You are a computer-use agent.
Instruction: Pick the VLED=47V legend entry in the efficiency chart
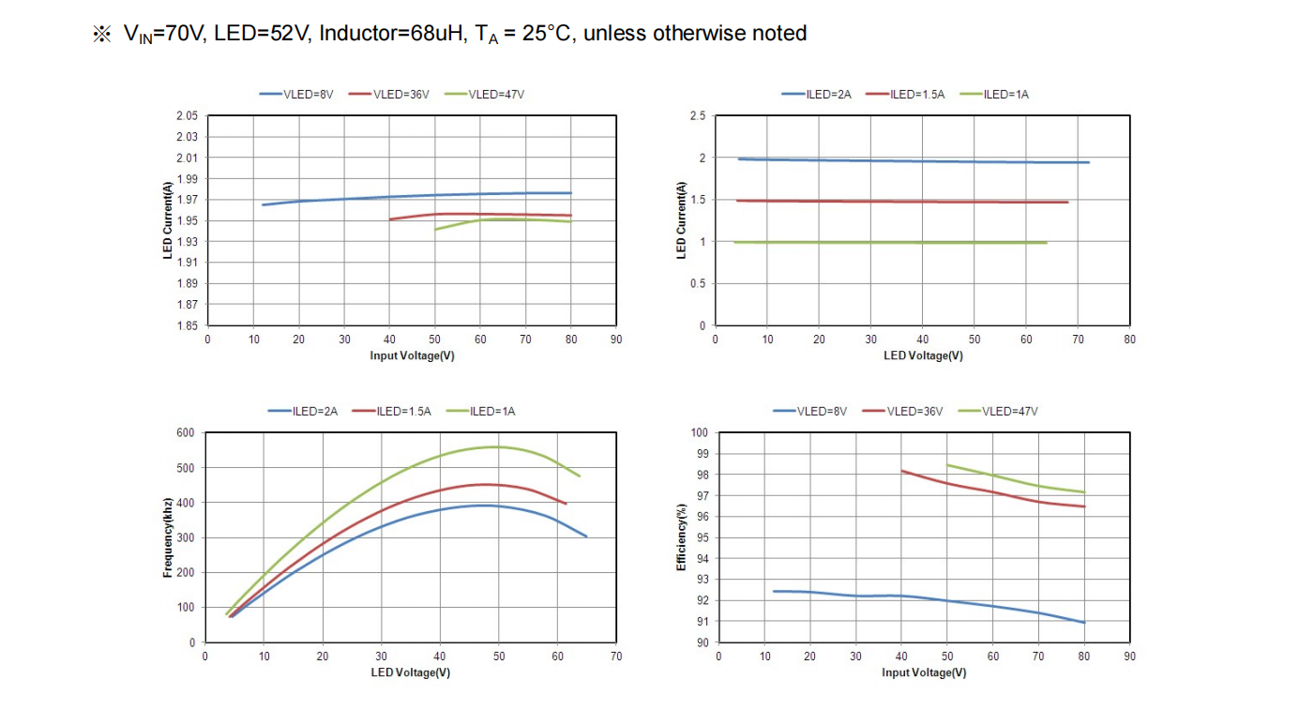pyautogui.click(x=1008, y=411)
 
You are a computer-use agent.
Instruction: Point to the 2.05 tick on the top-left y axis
pyautogui.click(x=187, y=116)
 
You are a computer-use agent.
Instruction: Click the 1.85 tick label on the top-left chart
pyautogui.click(x=187, y=325)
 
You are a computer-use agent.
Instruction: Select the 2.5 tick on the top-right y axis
pyautogui.click(x=698, y=116)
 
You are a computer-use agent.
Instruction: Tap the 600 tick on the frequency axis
pyautogui.click(x=186, y=433)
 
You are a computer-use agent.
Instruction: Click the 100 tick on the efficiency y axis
pyautogui.click(x=699, y=433)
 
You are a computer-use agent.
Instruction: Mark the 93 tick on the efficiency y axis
pyautogui.click(x=701, y=580)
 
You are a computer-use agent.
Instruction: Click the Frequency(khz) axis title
pyautogui.click(x=168, y=537)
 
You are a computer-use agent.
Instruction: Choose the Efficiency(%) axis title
pyautogui.click(x=682, y=537)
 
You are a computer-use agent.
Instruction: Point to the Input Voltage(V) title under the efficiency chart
pyautogui.click(x=924, y=672)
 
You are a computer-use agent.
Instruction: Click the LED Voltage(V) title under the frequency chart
pyautogui.click(x=411, y=672)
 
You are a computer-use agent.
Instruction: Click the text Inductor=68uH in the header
pyautogui.click(x=391, y=34)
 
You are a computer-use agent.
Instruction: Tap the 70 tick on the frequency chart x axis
pyautogui.click(x=615, y=657)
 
